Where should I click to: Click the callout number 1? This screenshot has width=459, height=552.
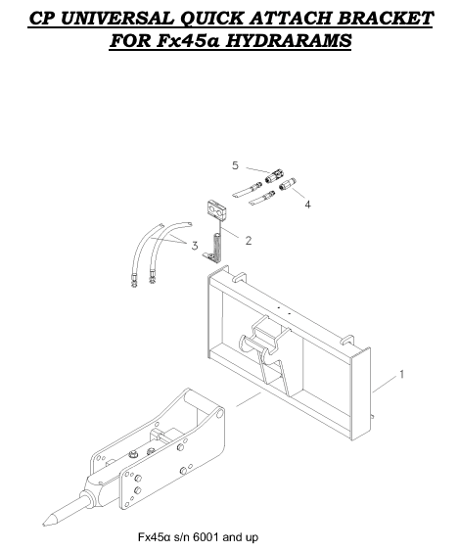(x=400, y=374)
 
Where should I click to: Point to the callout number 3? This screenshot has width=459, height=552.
(x=194, y=245)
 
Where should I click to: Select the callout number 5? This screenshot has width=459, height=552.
(x=235, y=163)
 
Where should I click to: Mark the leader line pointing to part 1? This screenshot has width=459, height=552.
(x=384, y=383)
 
